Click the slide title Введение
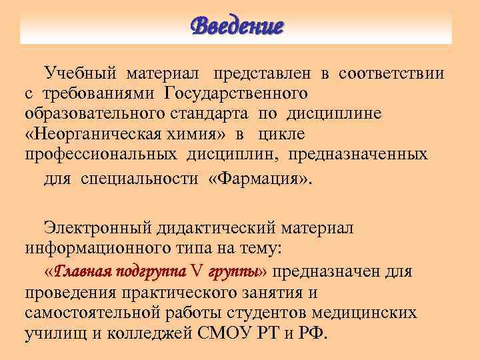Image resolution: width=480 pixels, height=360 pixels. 237,26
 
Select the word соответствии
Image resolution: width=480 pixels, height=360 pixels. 391,73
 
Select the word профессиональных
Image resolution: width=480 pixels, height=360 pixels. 101,154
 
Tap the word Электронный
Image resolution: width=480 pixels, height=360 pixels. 99,228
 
